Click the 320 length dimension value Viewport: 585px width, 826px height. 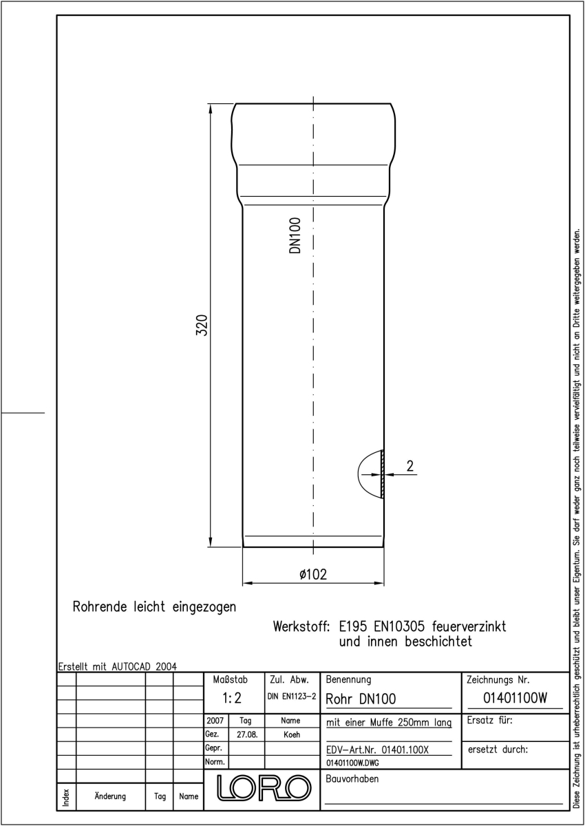202,325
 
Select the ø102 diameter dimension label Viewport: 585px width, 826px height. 313,574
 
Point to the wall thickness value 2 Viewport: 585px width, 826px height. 410,466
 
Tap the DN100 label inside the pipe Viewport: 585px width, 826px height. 295,235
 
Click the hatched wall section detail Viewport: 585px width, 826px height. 382,474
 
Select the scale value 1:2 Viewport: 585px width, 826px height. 232,698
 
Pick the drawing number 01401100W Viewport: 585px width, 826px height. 515,698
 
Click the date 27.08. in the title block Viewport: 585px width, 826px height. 247,734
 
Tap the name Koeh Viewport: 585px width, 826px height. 292,734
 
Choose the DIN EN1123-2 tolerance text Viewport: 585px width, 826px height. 292,697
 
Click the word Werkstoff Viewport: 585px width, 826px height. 301,626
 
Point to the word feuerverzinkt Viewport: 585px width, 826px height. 469,626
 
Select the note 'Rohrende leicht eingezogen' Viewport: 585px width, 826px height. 154,607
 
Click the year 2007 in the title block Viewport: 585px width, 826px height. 215,721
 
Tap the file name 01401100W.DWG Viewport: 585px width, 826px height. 352,763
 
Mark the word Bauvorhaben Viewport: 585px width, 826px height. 352,779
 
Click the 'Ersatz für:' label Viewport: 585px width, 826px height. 489,720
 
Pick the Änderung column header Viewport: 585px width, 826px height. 110,796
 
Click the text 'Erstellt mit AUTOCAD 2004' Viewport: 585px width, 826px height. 118,667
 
